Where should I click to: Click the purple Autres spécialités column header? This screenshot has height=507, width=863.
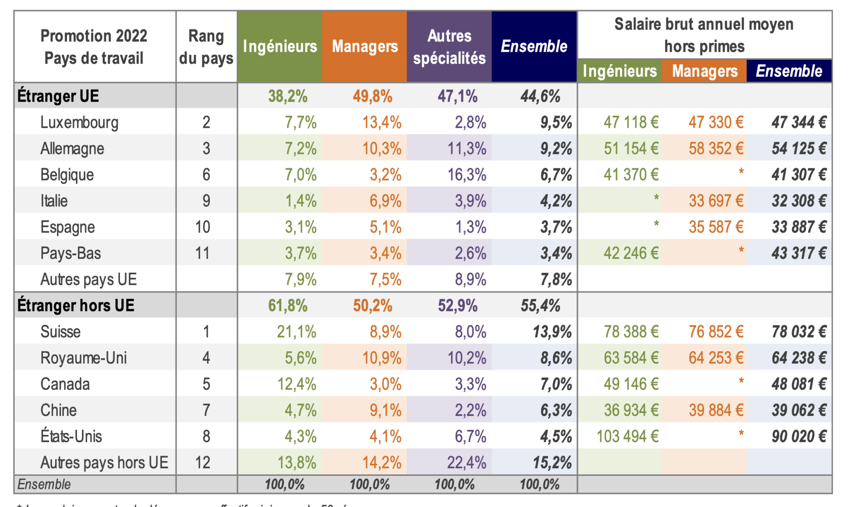449,47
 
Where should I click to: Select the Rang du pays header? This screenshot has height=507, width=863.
206,47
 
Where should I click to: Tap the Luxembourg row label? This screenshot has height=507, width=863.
79,122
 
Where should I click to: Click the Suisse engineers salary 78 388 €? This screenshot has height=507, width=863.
631,332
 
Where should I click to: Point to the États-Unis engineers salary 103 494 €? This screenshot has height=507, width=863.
627,436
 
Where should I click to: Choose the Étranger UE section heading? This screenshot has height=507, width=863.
58,96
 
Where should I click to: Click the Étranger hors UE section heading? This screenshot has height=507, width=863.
76,305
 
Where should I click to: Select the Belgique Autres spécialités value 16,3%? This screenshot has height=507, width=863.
466,175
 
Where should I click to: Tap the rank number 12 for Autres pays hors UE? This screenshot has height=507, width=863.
203,462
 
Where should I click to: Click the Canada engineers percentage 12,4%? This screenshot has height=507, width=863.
297,384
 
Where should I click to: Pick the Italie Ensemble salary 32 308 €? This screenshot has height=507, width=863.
799,201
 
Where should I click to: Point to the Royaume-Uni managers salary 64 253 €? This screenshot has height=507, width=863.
716,358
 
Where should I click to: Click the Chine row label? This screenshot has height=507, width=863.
59,410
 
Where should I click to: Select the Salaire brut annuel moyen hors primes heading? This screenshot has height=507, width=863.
704,35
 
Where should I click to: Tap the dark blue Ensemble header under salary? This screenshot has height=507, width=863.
789,71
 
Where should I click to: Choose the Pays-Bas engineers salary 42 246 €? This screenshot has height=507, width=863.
631,253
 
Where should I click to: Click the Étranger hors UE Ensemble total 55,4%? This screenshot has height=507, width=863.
540,305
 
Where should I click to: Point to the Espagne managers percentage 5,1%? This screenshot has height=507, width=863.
385,227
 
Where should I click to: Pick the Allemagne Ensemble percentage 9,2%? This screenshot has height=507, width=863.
556,148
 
